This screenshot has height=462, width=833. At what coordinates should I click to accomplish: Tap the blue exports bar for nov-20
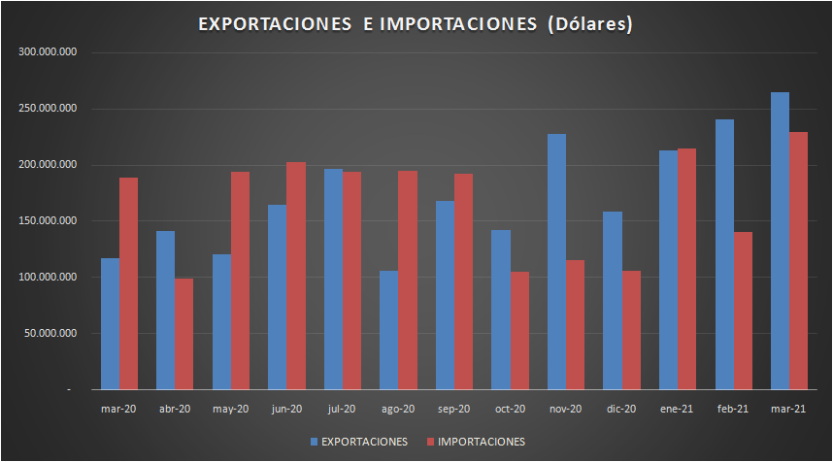tap(556, 261)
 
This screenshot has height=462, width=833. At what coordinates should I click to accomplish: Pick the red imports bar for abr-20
tap(183, 334)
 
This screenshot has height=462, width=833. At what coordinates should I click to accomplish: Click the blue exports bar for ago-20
tap(388, 330)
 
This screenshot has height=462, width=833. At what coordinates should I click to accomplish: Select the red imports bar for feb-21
tap(743, 311)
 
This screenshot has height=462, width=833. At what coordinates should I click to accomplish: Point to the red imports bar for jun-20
tap(295, 276)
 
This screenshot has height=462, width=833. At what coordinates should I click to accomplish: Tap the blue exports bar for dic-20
tap(612, 300)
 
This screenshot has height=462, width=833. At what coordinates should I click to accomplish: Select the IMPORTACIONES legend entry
tap(481, 442)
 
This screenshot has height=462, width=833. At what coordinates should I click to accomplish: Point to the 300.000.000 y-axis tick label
tap(49, 52)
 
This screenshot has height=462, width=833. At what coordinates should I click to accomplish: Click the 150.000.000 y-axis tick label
tap(49, 221)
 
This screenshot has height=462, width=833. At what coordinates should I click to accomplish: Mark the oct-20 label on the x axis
tap(510, 409)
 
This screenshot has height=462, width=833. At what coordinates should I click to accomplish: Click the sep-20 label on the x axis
tap(453, 409)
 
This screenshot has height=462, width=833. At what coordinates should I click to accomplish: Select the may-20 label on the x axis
tap(230, 409)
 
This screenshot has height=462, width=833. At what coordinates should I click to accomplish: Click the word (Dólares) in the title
tap(588, 23)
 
